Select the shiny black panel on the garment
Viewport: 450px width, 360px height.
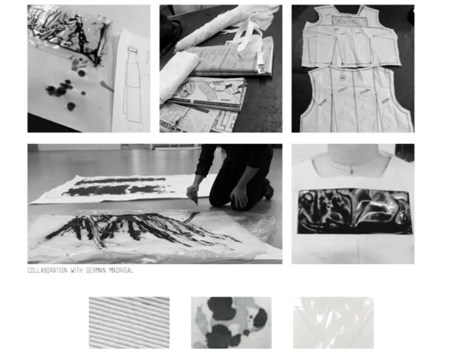click(x=353, y=211)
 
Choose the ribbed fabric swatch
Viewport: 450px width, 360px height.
click(x=129, y=323)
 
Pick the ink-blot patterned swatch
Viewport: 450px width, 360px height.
click(x=231, y=323)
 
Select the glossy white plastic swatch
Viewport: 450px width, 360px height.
click(x=333, y=323)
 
